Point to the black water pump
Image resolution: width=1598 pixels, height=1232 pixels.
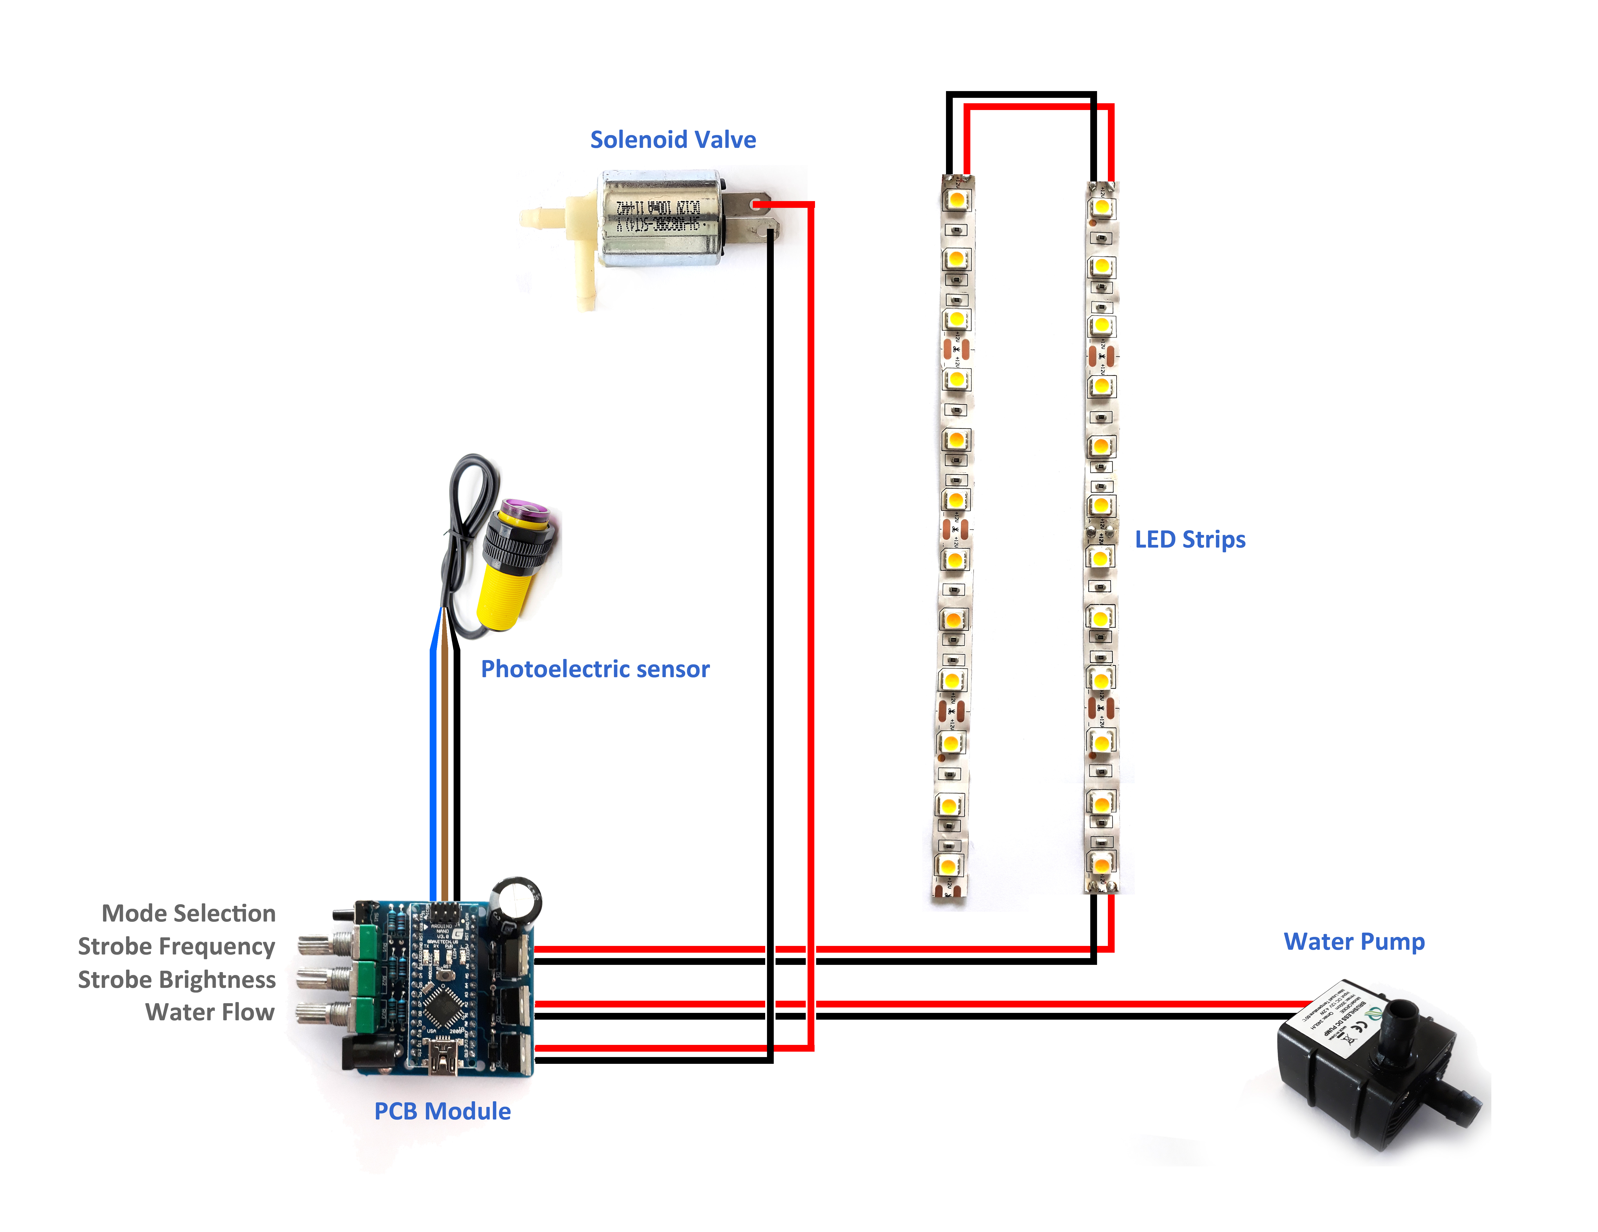1375,1068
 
